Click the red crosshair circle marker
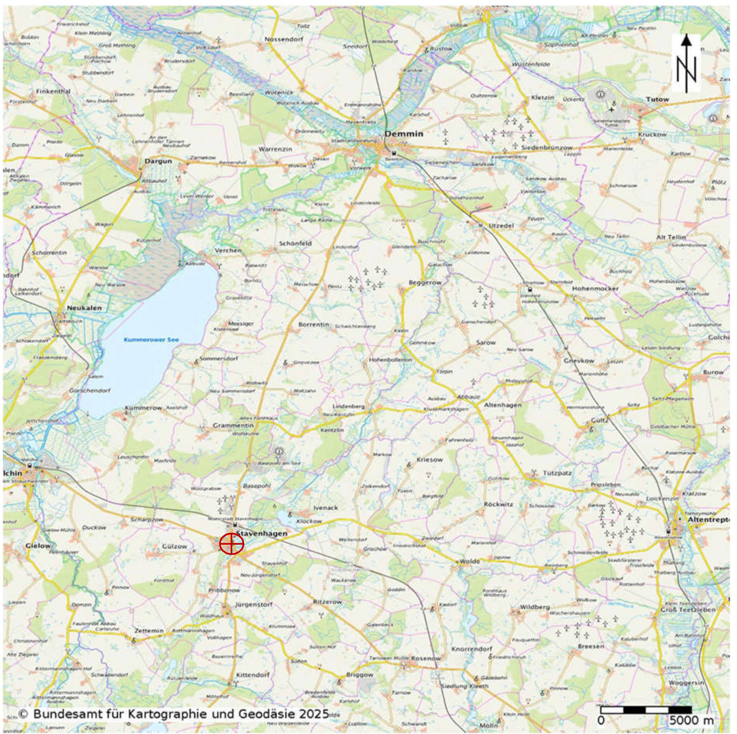(231, 544)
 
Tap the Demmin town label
(404, 134)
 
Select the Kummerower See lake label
(151, 340)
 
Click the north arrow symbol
(686, 64)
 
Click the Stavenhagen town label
(262, 533)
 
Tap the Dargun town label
(158, 161)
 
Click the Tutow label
(657, 99)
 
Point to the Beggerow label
(425, 283)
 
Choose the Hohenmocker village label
(595, 289)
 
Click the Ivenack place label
(326, 508)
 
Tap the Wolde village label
(470, 561)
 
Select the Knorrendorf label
(472, 649)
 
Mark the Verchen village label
(228, 250)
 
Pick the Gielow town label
(38, 546)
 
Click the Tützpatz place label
(557, 473)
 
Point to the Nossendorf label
(284, 39)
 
